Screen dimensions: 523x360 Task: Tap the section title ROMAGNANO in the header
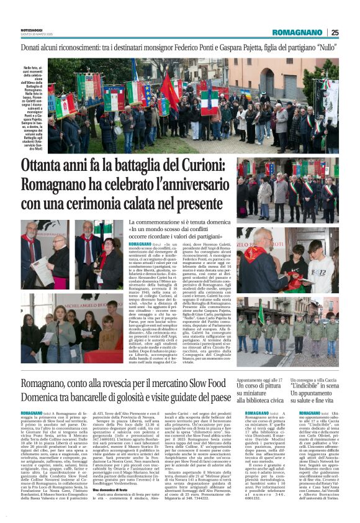tap(299, 32)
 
